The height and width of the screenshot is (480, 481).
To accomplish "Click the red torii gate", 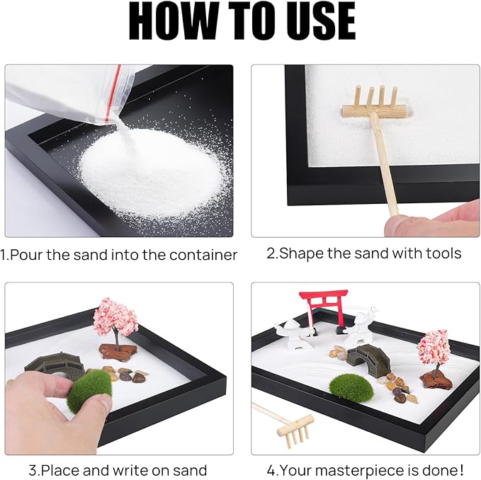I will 324,308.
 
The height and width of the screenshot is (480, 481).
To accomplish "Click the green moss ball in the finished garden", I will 351,388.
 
